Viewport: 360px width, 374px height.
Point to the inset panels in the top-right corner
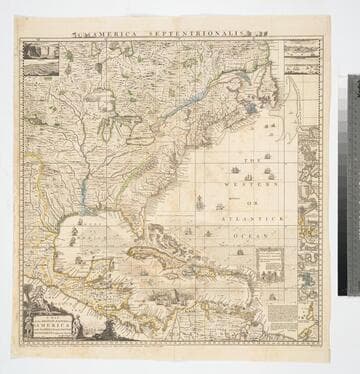click(300, 58)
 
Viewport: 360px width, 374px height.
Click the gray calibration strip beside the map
click(353, 184)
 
